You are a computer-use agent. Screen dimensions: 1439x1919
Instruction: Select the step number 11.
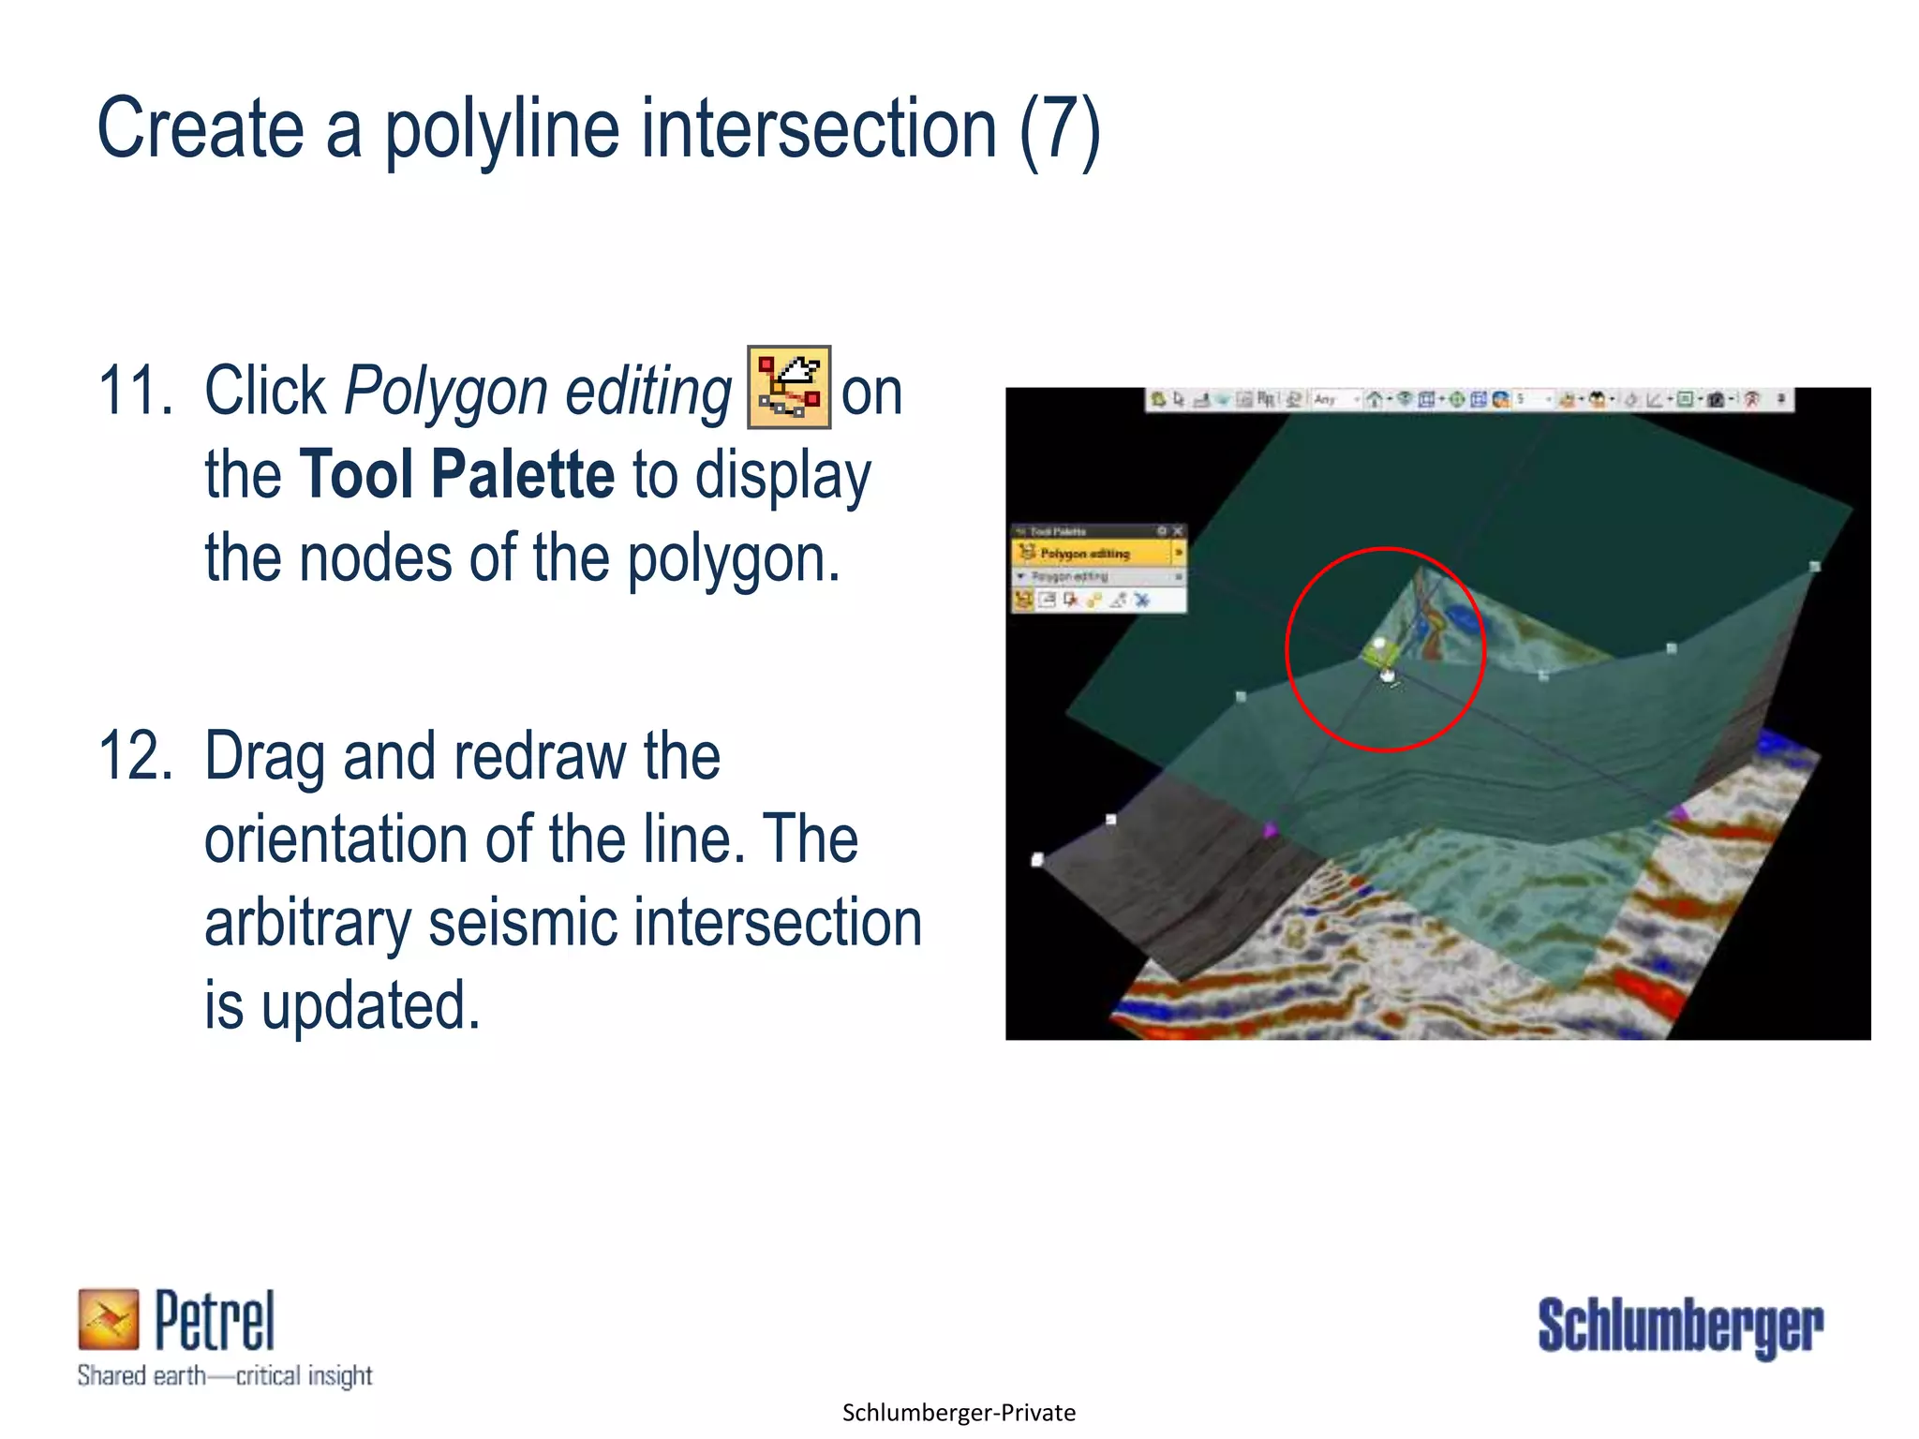(135, 391)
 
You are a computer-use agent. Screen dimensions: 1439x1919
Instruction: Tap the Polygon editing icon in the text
(788, 387)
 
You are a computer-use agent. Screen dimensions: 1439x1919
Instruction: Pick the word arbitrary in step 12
(307, 923)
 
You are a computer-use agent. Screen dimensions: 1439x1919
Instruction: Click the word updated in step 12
(370, 1006)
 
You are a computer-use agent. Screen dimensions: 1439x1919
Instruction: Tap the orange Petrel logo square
(108, 1319)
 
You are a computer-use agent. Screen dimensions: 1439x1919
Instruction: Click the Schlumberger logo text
(1679, 1326)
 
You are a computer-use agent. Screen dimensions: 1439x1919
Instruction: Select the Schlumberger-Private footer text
(959, 1413)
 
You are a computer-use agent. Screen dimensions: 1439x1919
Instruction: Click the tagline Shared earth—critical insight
(225, 1375)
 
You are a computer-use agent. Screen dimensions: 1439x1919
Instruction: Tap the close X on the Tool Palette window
(1178, 531)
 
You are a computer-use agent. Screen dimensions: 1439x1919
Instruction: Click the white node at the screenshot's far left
(1037, 859)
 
